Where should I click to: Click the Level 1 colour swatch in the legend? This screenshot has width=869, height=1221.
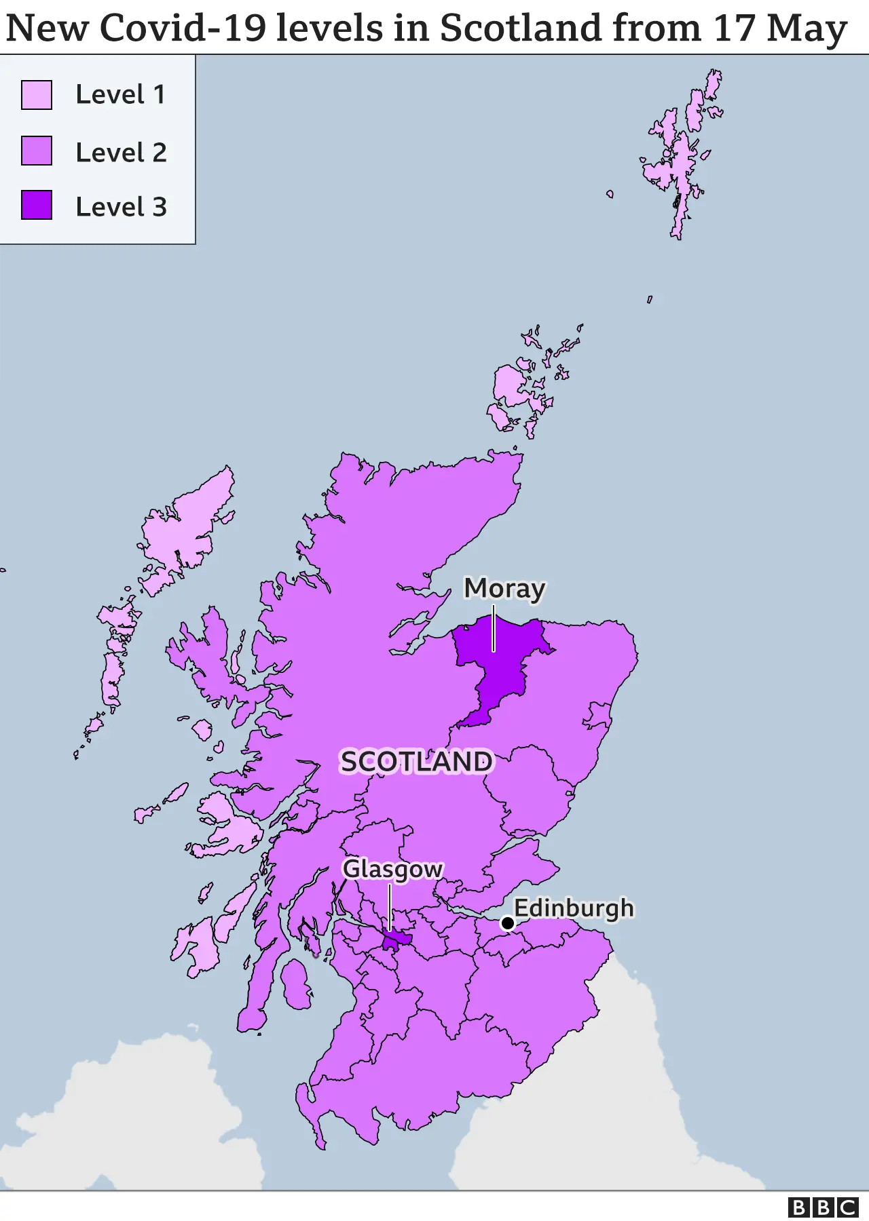pyautogui.click(x=37, y=95)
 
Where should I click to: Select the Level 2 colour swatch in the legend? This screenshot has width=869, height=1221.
pyautogui.click(x=37, y=151)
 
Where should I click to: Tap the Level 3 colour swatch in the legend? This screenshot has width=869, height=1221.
pyautogui.click(x=37, y=205)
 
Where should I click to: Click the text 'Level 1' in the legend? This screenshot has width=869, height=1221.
pyautogui.click(x=120, y=95)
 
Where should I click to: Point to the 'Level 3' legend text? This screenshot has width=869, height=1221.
pyautogui.click(x=121, y=207)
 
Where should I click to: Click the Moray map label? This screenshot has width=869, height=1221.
pyautogui.click(x=504, y=589)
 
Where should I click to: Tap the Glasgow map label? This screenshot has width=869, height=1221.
pyautogui.click(x=392, y=869)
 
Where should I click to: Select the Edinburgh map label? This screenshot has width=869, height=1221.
pyautogui.click(x=574, y=908)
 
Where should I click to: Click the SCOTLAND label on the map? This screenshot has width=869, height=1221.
pyautogui.click(x=416, y=762)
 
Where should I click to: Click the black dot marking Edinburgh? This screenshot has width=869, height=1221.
pyautogui.click(x=507, y=923)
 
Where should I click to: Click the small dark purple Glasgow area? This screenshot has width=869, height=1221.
pyautogui.click(x=395, y=941)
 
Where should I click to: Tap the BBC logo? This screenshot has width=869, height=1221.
pyautogui.click(x=823, y=1207)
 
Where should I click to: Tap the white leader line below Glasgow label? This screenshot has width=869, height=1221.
pyautogui.click(x=390, y=906)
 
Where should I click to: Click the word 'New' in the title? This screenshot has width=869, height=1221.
pyautogui.click(x=47, y=28)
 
